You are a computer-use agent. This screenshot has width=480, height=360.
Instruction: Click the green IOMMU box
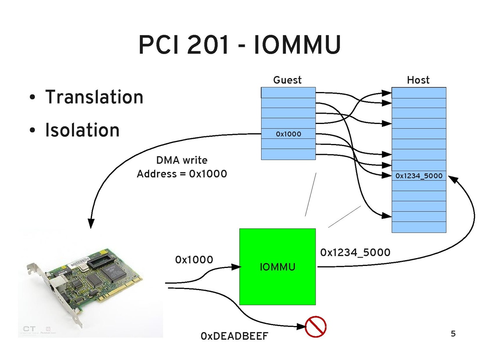click(x=277, y=266)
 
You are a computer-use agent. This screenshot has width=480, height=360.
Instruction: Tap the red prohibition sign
click(x=316, y=327)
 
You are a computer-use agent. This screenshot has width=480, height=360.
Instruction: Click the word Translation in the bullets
click(x=94, y=97)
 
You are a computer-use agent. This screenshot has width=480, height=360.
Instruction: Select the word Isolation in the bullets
click(x=82, y=130)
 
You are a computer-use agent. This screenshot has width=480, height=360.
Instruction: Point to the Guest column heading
click(x=287, y=80)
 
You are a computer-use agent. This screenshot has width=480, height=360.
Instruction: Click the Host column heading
click(x=418, y=80)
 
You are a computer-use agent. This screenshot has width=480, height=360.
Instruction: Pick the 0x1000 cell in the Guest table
click(x=288, y=134)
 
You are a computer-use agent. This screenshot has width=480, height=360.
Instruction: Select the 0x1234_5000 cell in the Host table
click(x=419, y=176)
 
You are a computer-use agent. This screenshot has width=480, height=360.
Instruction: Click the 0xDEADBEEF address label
click(x=234, y=336)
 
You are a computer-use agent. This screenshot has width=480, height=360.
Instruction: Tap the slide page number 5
click(x=453, y=334)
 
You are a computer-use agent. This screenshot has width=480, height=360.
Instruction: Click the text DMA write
click(x=182, y=160)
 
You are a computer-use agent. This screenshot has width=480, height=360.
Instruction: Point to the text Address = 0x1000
click(x=182, y=174)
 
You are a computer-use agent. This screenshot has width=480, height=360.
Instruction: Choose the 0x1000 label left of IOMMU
click(x=194, y=260)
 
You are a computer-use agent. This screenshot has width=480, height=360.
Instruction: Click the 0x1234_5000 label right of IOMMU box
click(x=355, y=252)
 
